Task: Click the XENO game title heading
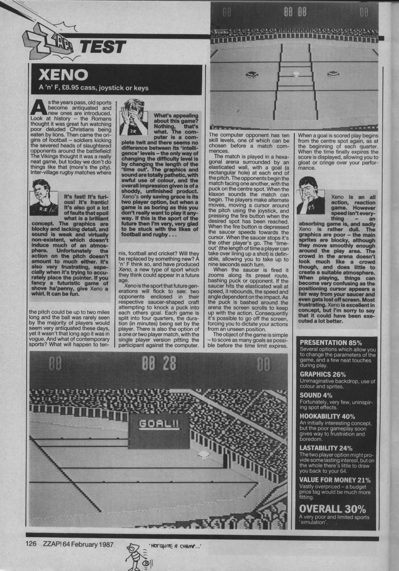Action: tap(63, 75)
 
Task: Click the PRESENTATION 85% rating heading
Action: tap(331, 342)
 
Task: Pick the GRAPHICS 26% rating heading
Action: tap(323, 374)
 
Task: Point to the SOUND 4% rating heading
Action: tap(316, 395)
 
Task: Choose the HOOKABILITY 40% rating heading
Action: tap(327, 416)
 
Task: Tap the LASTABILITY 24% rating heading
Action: tap(326, 448)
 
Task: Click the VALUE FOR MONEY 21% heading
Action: tap(335, 480)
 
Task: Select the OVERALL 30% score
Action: tap(333, 509)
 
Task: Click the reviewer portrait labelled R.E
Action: tap(44, 193)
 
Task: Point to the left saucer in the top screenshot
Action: tap(251, 75)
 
